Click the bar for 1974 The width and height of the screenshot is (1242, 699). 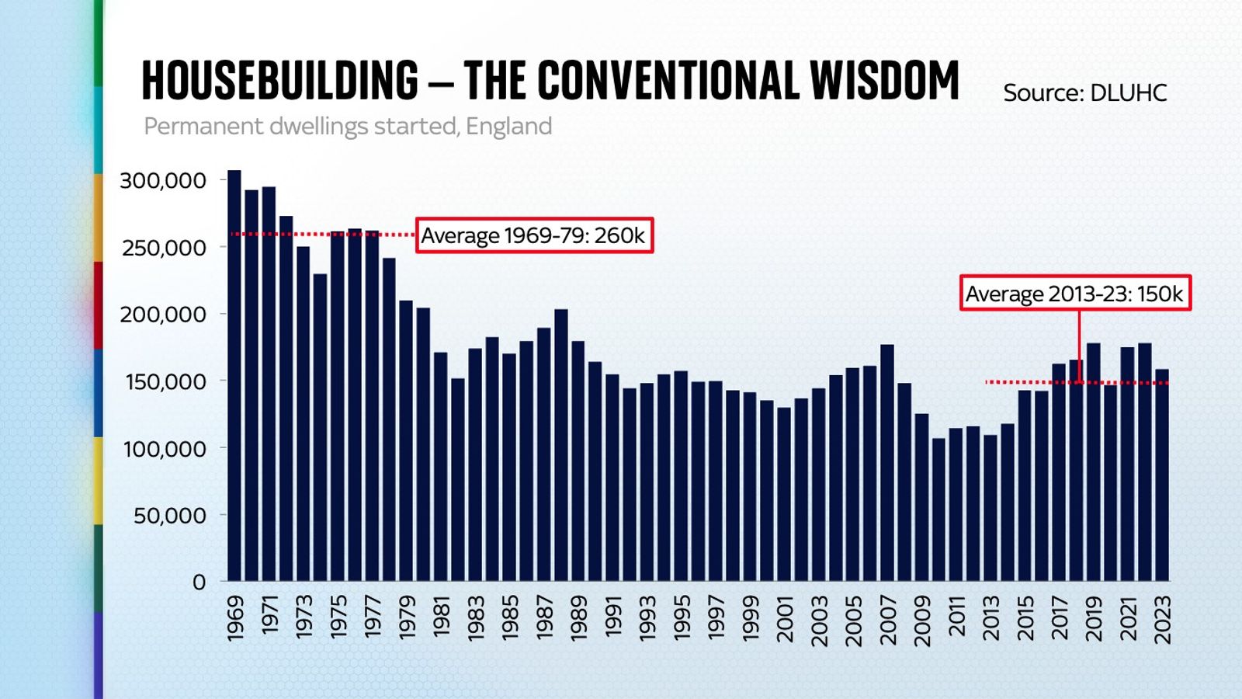click(320, 427)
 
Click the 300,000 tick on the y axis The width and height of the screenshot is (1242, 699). click(163, 181)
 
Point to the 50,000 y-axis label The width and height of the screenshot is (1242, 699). click(169, 516)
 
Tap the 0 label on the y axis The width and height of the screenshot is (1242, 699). click(199, 582)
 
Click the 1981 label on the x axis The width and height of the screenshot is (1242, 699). click(441, 617)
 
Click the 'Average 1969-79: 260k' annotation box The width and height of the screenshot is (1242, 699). click(534, 235)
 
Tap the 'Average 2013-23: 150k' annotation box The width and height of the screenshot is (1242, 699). click(1074, 294)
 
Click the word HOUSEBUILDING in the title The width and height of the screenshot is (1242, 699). click(279, 81)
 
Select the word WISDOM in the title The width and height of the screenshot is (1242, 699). click(884, 81)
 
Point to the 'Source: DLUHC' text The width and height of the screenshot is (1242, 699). click(1084, 93)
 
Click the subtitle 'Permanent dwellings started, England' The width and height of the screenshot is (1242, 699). click(348, 126)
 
